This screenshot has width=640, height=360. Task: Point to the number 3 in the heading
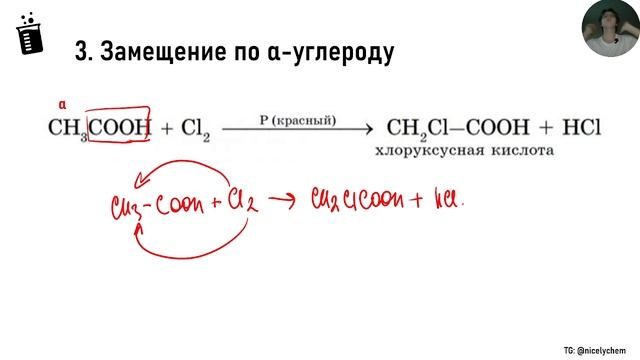click(x=82, y=52)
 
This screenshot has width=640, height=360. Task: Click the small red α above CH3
click(x=62, y=104)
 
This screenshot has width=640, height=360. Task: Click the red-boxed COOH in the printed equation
click(x=119, y=127)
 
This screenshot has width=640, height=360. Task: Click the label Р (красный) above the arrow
click(x=297, y=120)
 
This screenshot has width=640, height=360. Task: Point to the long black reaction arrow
click(x=297, y=130)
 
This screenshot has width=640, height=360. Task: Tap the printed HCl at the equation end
click(x=575, y=128)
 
